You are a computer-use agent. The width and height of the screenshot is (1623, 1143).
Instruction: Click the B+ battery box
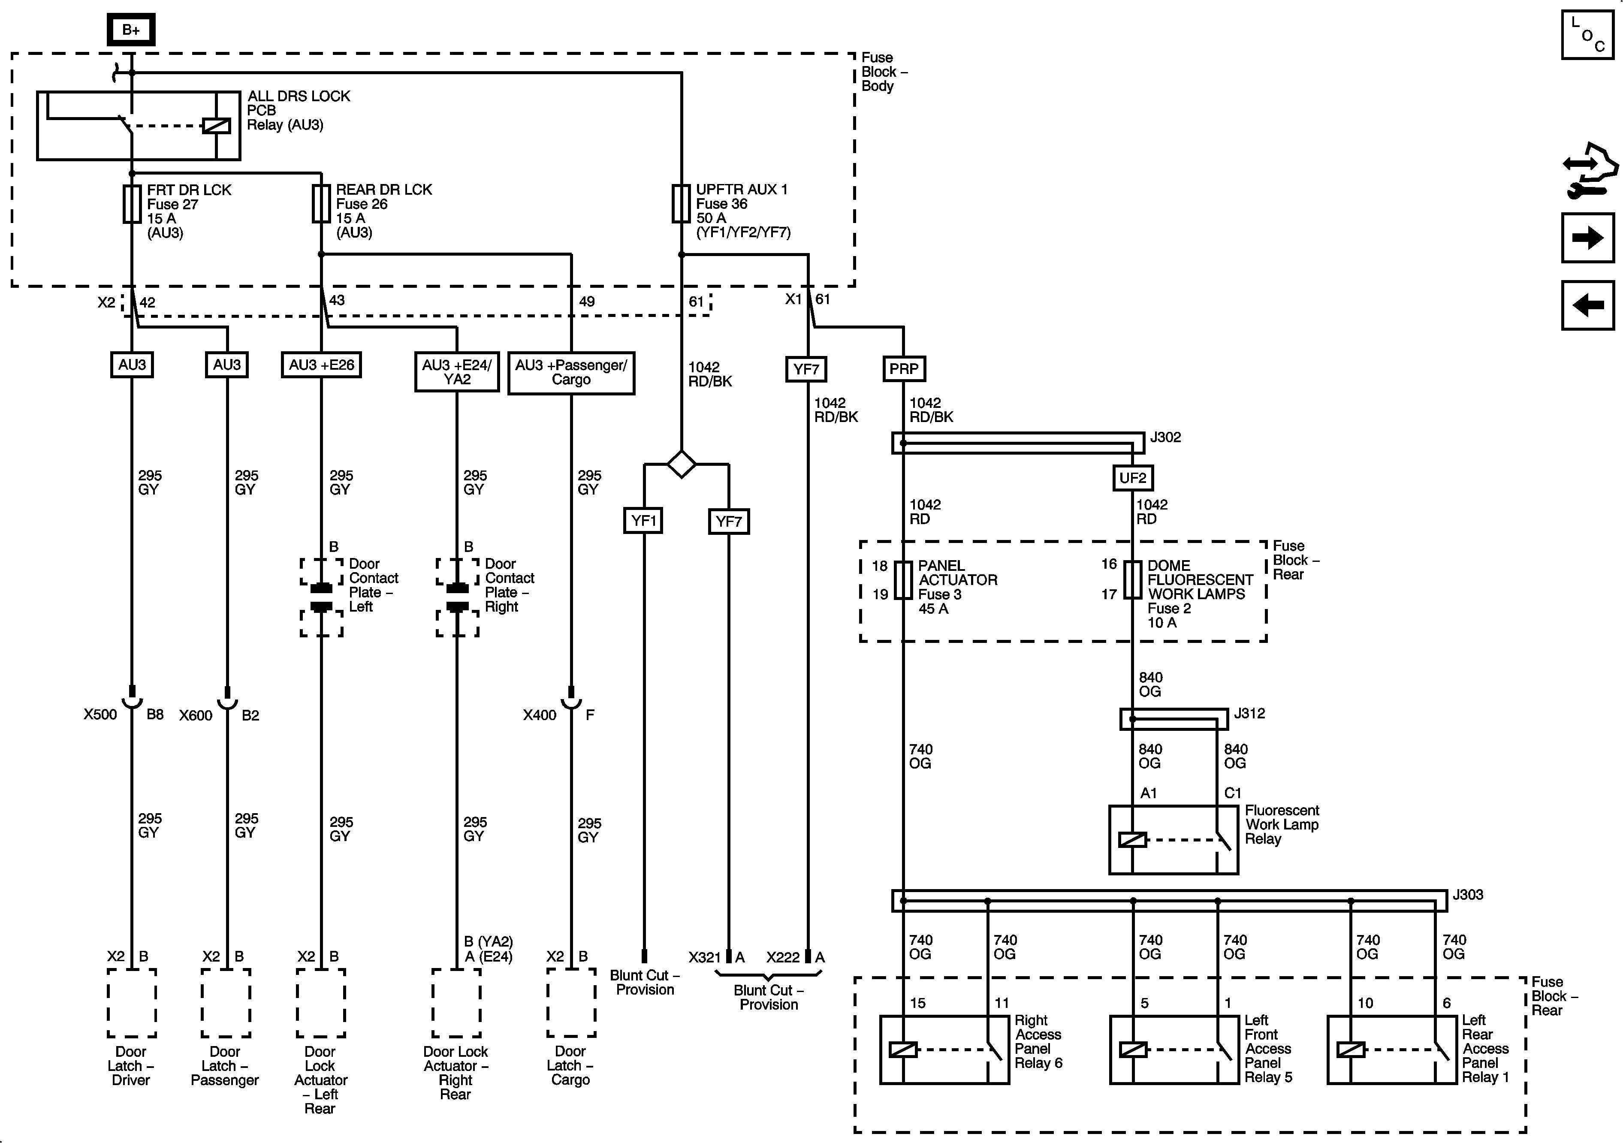click(x=131, y=30)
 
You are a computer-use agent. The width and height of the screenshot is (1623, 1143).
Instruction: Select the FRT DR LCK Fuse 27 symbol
click(x=132, y=204)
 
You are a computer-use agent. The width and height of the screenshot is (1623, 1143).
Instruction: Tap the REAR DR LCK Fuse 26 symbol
click(x=321, y=204)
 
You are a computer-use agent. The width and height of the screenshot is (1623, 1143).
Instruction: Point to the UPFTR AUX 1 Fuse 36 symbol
click(x=681, y=204)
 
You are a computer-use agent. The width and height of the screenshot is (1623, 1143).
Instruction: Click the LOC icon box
click(x=1587, y=35)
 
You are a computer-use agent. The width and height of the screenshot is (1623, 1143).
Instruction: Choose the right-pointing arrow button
click(x=1587, y=238)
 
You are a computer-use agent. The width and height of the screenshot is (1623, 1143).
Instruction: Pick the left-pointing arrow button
click(x=1587, y=305)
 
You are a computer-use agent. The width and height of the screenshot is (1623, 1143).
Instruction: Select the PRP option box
click(x=903, y=369)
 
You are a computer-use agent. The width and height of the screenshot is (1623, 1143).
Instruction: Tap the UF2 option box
click(x=1132, y=478)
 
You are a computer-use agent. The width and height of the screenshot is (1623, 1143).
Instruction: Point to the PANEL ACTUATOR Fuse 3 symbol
click(x=903, y=580)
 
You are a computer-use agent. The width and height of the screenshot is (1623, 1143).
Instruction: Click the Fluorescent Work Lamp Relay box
click(x=1174, y=840)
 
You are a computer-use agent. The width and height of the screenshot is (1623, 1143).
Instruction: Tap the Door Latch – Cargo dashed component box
click(x=571, y=1003)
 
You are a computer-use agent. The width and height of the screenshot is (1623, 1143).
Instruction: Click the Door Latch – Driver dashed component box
click(x=132, y=1003)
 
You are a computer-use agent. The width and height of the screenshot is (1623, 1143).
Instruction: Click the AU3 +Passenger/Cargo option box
click(x=571, y=373)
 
